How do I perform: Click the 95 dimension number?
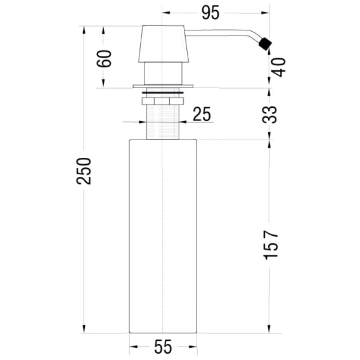[210, 13]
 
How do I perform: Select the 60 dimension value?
[104, 58]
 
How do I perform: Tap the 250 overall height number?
[84, 171]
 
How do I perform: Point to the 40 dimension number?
[278, 67]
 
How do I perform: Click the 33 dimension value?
[270, 115]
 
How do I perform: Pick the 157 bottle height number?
[271, 245]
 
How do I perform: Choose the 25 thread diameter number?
[202, 114]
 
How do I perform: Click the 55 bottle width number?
[163, 347]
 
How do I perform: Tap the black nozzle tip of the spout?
[265, 44]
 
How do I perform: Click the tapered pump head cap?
[164, 44]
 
